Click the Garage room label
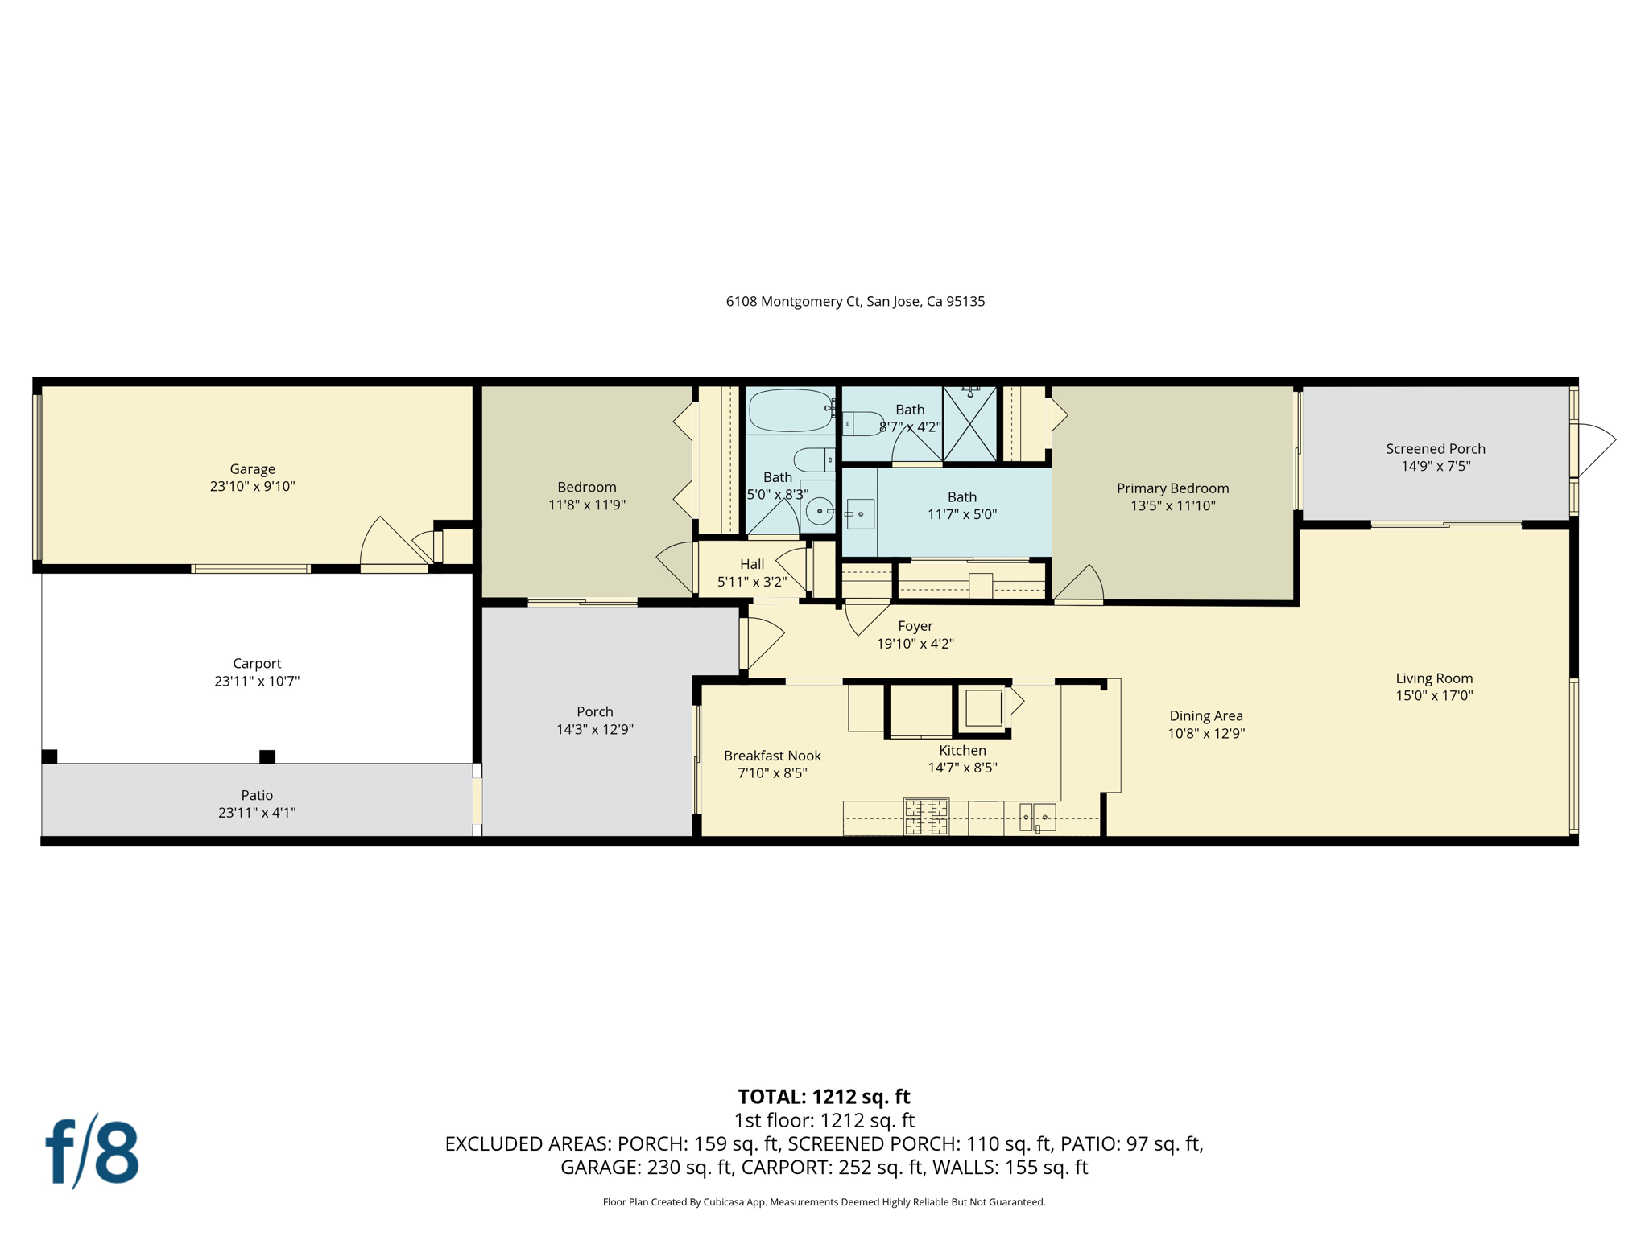coord(252,469)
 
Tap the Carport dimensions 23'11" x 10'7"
coord(257,681)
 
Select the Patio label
coord(257,795)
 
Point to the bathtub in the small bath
coord(790,410)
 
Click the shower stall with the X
coord(969,424)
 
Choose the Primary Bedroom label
coord(1172,488)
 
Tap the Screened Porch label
coord(1435,449)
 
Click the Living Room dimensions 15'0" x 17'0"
coord(1434,696)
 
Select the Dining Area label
coord(1205,715)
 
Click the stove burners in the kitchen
coord(926,816)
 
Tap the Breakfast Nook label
coord(772,756)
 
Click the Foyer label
coord(915,626)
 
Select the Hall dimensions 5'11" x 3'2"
coord(751,582)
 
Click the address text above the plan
coord(855,302)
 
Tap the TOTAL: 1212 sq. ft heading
coord(824,1097)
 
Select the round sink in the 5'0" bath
coord(820,510)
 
